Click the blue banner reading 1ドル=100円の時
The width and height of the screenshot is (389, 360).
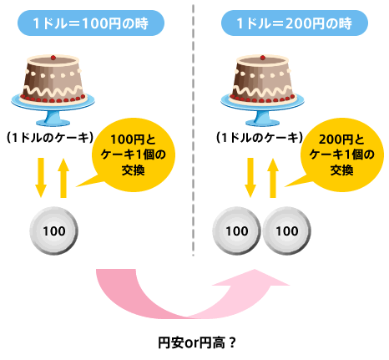tap(91, 23)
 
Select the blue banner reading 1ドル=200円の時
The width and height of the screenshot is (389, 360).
tap(295, 23)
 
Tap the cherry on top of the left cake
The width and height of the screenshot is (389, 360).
tap(53, 58)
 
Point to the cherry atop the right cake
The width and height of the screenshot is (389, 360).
tap(263, 58)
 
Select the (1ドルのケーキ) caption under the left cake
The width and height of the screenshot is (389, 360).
tap(50, 138)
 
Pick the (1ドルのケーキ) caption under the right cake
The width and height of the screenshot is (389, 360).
tap(260, 138)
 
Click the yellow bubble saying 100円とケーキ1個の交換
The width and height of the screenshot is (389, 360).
tap(134, 155)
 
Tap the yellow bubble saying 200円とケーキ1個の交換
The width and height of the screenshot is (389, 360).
tap(342, 155)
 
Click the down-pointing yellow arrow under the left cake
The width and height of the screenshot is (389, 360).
tap(41, 178)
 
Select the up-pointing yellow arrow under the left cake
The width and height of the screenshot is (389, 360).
tap(63, 178)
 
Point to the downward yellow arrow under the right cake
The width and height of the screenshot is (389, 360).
tap(250, 178)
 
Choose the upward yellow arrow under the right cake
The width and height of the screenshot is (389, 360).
tap(273, 178)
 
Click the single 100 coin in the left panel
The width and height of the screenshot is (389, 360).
tap(53, 231)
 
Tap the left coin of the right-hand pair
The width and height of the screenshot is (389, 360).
tap(236, 231)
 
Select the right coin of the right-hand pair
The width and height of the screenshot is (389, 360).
tap(286, 231)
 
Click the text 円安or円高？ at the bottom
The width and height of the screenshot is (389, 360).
tap(197, 342)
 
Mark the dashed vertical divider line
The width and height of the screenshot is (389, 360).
tap(193, 130)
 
